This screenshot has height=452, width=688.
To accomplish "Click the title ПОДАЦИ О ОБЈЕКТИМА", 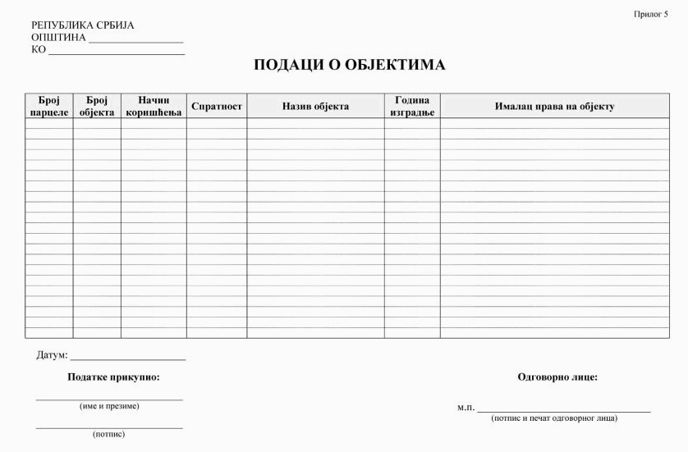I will click(x=349, y=65).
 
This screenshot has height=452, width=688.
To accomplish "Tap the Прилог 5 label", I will click(x=651, y=14).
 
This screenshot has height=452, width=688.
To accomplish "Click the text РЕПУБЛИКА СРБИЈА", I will click(x=83, y=25).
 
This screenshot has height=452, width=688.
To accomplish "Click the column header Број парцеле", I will click(x=49, y=106).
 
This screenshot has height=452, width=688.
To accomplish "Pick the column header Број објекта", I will click(x=97, y=106).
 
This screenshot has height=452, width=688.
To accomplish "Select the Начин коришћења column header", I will click(x=154, y=106).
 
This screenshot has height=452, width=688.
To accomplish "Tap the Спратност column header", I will click(x=217, y=106).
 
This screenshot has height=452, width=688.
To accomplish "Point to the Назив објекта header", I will click(x=315, y=106).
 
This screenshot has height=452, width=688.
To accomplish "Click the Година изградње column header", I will click(x=412, y=106).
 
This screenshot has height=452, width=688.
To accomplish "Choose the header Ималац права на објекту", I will click(x=554, y=106).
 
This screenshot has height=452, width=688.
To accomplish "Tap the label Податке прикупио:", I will click(x=113, y=377).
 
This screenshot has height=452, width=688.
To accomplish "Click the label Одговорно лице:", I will click(x=557, y=377).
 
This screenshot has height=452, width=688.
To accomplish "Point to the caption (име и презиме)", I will click(x=109, y=406).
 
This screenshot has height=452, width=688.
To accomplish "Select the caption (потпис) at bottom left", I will click(x=109, y=434).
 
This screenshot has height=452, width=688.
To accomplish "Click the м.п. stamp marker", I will click(x=466, y=408).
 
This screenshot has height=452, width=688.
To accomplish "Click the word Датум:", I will click(x=52, y=355).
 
